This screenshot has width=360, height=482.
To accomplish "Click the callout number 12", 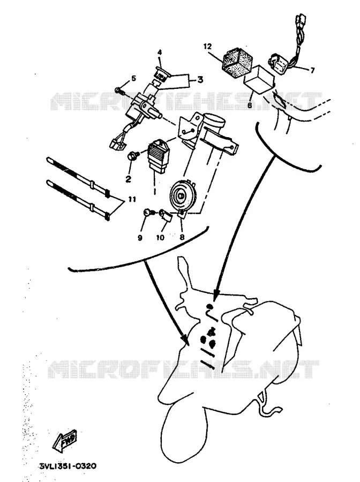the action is pyautogui.click(x=207, y=47).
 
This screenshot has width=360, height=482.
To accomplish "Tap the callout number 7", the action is pyautogui.click(x=312, y=70).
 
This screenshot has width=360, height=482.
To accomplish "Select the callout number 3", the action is pyautogui.click(x=200, y=80).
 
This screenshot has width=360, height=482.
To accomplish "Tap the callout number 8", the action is pyautogui.click(x=182, y=237).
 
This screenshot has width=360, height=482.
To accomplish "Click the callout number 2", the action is pyautogui.click(x=128, y=178).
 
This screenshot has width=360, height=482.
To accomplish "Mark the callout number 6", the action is pyautogui.click(x=250, y=105).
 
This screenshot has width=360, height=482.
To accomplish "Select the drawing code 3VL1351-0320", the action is pyautogui.click(x=68, y=466).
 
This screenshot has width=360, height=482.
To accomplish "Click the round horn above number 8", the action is pyautogui.click(x=182, y=195).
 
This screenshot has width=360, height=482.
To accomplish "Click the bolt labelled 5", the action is pyautogui.click(x=119, y=91).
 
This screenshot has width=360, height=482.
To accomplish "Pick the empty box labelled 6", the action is pyautogui.click(x=259, y=79).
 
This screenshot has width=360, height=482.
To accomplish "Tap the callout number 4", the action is pyautogui.click(x=160, y=52).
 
